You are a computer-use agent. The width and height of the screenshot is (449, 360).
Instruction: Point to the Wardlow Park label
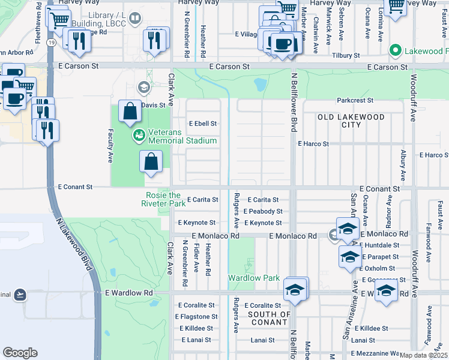point(254,278)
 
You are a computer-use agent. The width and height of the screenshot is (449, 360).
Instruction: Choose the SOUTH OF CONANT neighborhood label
point(270,319)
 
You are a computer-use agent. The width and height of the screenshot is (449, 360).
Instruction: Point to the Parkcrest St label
point(355,100)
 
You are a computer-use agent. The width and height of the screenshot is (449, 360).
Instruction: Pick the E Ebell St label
point(202,124)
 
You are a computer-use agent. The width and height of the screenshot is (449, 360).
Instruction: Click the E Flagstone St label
point(196,317)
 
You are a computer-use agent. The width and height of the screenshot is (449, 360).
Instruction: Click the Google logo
point(20,353)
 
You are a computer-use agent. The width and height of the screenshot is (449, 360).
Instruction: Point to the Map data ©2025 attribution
point(423,355)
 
